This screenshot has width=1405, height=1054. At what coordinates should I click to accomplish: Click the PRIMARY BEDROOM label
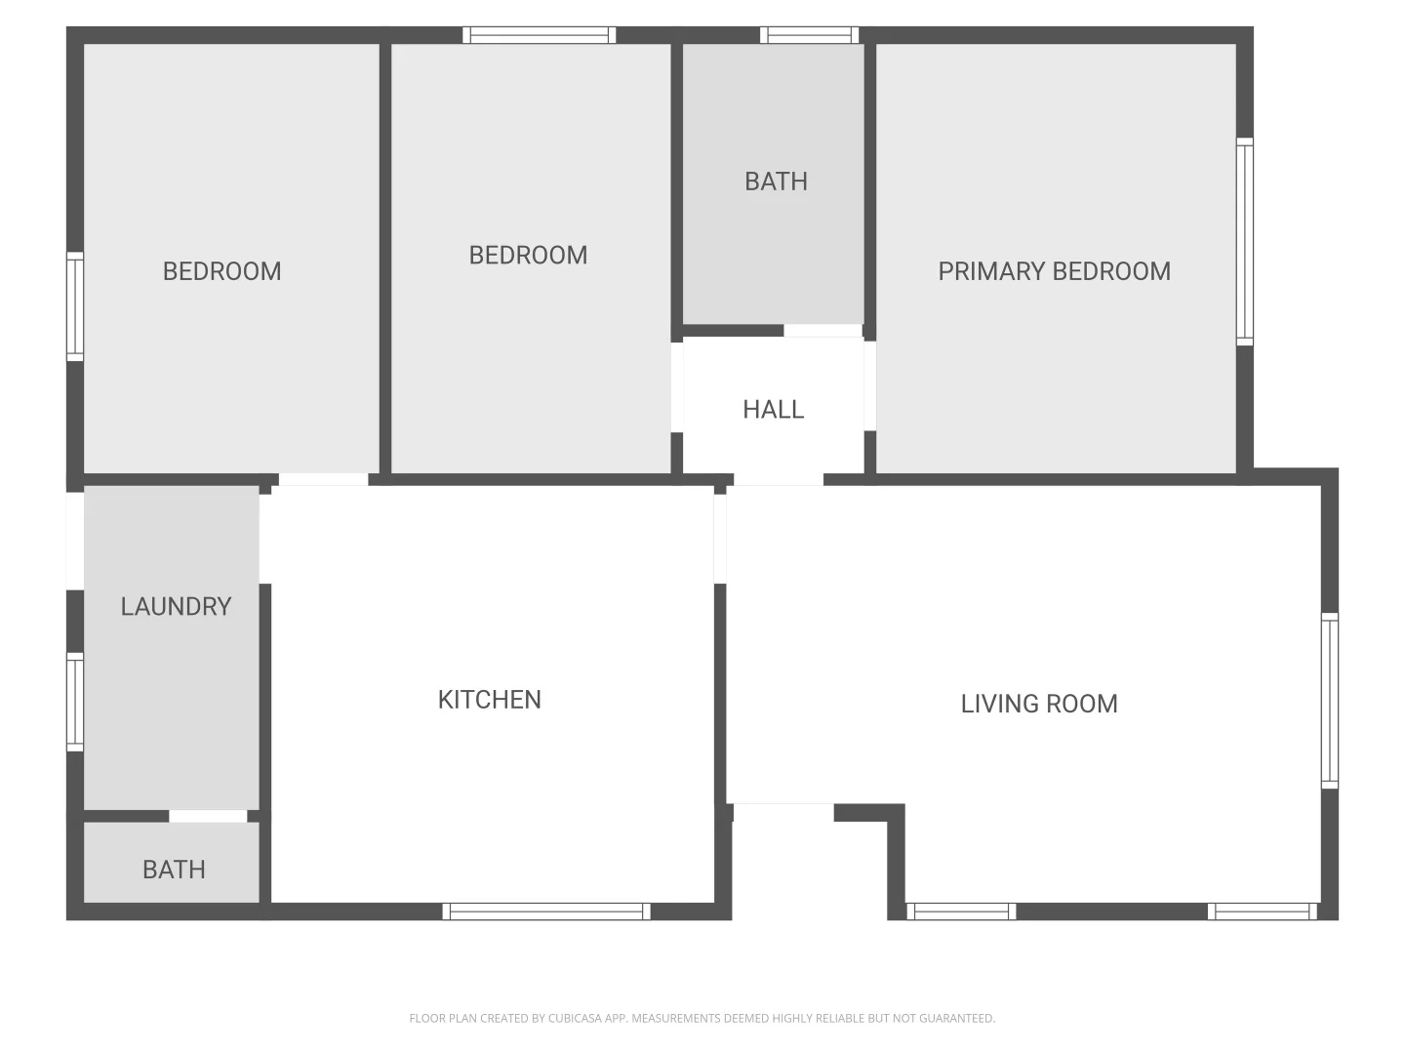tap(1054, 271)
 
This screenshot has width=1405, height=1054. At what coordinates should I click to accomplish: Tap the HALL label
tap(773, 410)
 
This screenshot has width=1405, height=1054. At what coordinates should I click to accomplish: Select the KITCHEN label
tap(489, 700)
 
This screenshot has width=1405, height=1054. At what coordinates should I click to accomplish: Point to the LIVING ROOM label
tap(1039, 704)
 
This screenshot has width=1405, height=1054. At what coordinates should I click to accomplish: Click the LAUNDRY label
tap(176, 607)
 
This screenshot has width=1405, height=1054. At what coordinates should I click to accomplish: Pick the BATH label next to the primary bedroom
tap(776, 182)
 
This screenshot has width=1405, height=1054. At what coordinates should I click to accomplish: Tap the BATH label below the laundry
tap(174, 870)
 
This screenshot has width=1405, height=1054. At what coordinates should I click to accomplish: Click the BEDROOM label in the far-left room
tap(221, 271)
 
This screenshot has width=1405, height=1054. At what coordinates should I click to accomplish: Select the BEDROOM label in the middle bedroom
tap(528, 256)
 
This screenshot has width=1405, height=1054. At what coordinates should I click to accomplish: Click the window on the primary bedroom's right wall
tap(1245, 241)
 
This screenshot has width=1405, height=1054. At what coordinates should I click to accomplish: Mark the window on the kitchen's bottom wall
tap(546, 912)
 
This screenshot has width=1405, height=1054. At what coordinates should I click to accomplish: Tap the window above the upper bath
tap(810, 35)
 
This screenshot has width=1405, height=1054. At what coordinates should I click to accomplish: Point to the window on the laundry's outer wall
tap(75, 702)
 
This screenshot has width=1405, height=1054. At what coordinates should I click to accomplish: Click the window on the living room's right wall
tap(1329, 700)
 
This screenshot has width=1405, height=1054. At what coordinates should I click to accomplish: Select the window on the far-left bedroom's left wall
tap(75, 306)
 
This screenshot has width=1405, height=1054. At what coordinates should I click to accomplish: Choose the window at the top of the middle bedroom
tap(539, 35)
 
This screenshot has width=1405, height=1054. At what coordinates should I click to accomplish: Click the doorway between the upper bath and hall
tap(823, 331)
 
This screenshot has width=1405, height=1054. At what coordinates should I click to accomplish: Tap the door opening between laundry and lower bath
tap(208, 816)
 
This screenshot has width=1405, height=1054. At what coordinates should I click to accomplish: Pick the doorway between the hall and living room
tap(778, 479)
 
